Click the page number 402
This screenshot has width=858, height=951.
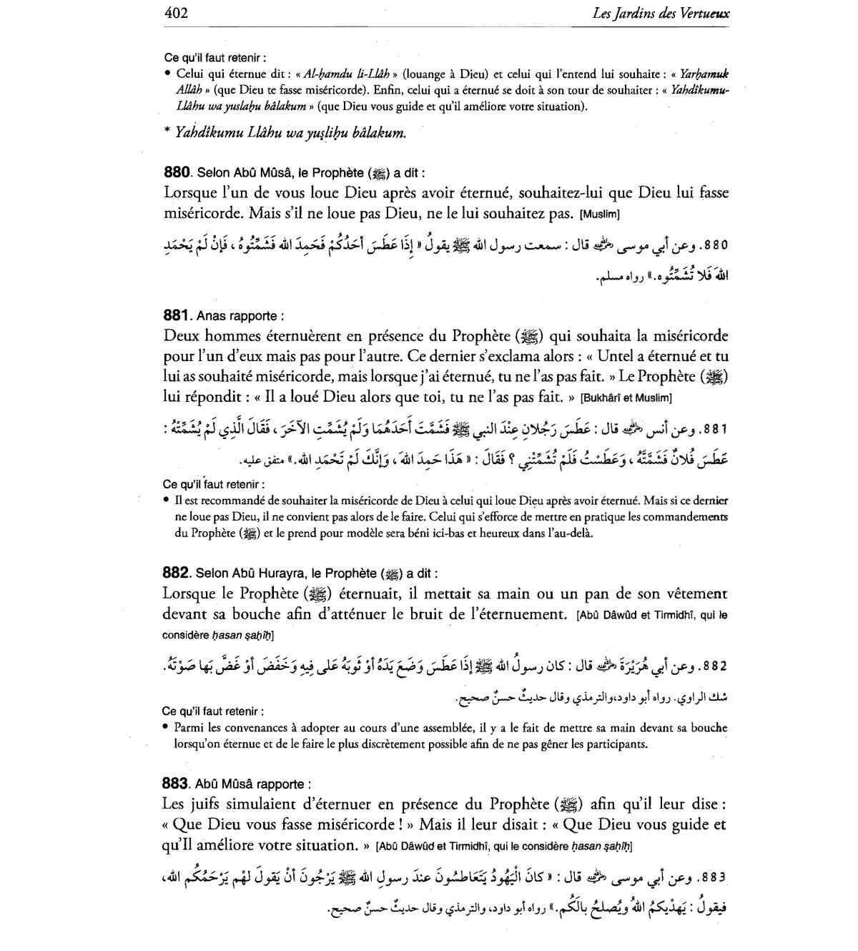coord(176,13)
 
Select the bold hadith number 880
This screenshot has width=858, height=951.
coord(177,172)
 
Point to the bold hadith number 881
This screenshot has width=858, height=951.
coord(176,315)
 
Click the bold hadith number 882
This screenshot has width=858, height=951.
coord(176,573)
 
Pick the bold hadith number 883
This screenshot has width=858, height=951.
coord(176,784)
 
